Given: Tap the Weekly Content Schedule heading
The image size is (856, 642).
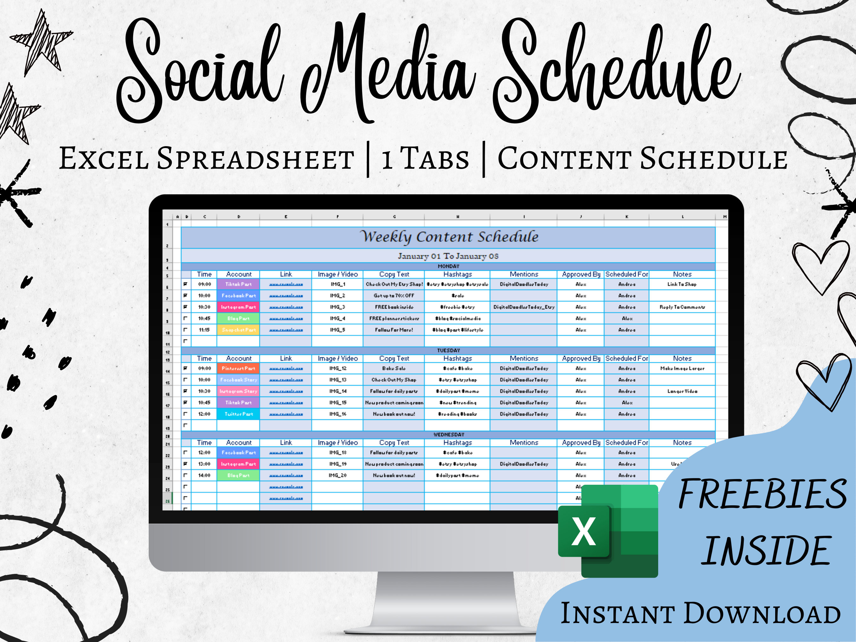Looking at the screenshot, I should click(449, 237).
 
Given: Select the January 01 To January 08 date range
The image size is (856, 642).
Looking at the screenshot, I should click(448, 256).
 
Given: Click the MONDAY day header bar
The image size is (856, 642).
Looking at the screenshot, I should click(448, 266).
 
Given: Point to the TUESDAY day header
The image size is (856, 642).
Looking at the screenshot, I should click(448, 351).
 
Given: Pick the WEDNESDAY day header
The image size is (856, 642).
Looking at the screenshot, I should click(448, 435).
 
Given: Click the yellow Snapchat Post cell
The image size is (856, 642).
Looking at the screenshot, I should click(238, 330).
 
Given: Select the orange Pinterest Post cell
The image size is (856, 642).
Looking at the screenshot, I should click(238, 368).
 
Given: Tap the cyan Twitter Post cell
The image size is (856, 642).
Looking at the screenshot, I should click(238, 414).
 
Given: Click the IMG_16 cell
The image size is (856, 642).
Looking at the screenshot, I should click(337, 414).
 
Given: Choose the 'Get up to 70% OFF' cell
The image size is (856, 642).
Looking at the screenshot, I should click(393, 296).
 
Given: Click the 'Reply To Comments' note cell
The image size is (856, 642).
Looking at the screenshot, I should click(682, 307).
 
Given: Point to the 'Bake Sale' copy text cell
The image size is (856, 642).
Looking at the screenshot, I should click(393, 368).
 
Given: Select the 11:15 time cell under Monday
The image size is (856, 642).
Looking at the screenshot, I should click(204, 330).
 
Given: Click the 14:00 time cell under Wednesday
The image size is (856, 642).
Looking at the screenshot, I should click(204, 475).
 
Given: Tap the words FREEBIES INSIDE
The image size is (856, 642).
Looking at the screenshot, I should click(762, 522).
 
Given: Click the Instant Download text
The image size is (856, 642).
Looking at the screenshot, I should click(700, 613).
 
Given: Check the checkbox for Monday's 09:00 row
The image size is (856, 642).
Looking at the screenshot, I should click(185, 284).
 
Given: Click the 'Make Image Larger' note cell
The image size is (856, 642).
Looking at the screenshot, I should click(682, 368).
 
